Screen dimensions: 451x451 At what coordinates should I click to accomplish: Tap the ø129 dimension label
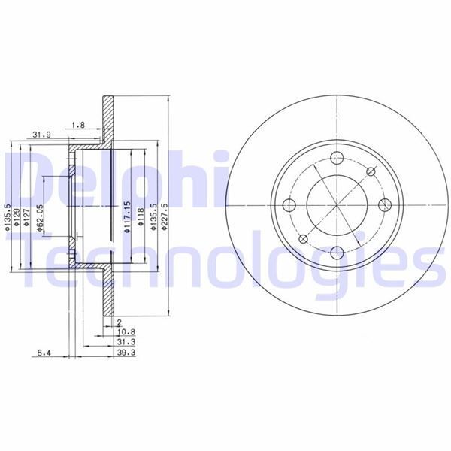[17, 215]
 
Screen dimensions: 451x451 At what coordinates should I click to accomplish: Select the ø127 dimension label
[27, 216]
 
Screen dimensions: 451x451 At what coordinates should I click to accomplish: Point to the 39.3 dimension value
[125, 352]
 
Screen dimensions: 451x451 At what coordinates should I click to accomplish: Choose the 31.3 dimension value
[125, 341]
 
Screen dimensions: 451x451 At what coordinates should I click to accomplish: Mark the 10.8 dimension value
[125, 331]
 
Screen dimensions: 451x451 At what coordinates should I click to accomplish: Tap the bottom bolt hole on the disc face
[337, 253]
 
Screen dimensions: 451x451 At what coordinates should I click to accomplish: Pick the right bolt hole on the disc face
[384, 205]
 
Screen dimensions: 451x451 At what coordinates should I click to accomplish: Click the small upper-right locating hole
[371, 171]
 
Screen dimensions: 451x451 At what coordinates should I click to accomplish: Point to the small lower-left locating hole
[303, 239]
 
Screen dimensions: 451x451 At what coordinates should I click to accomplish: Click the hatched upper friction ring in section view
[108, 120]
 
